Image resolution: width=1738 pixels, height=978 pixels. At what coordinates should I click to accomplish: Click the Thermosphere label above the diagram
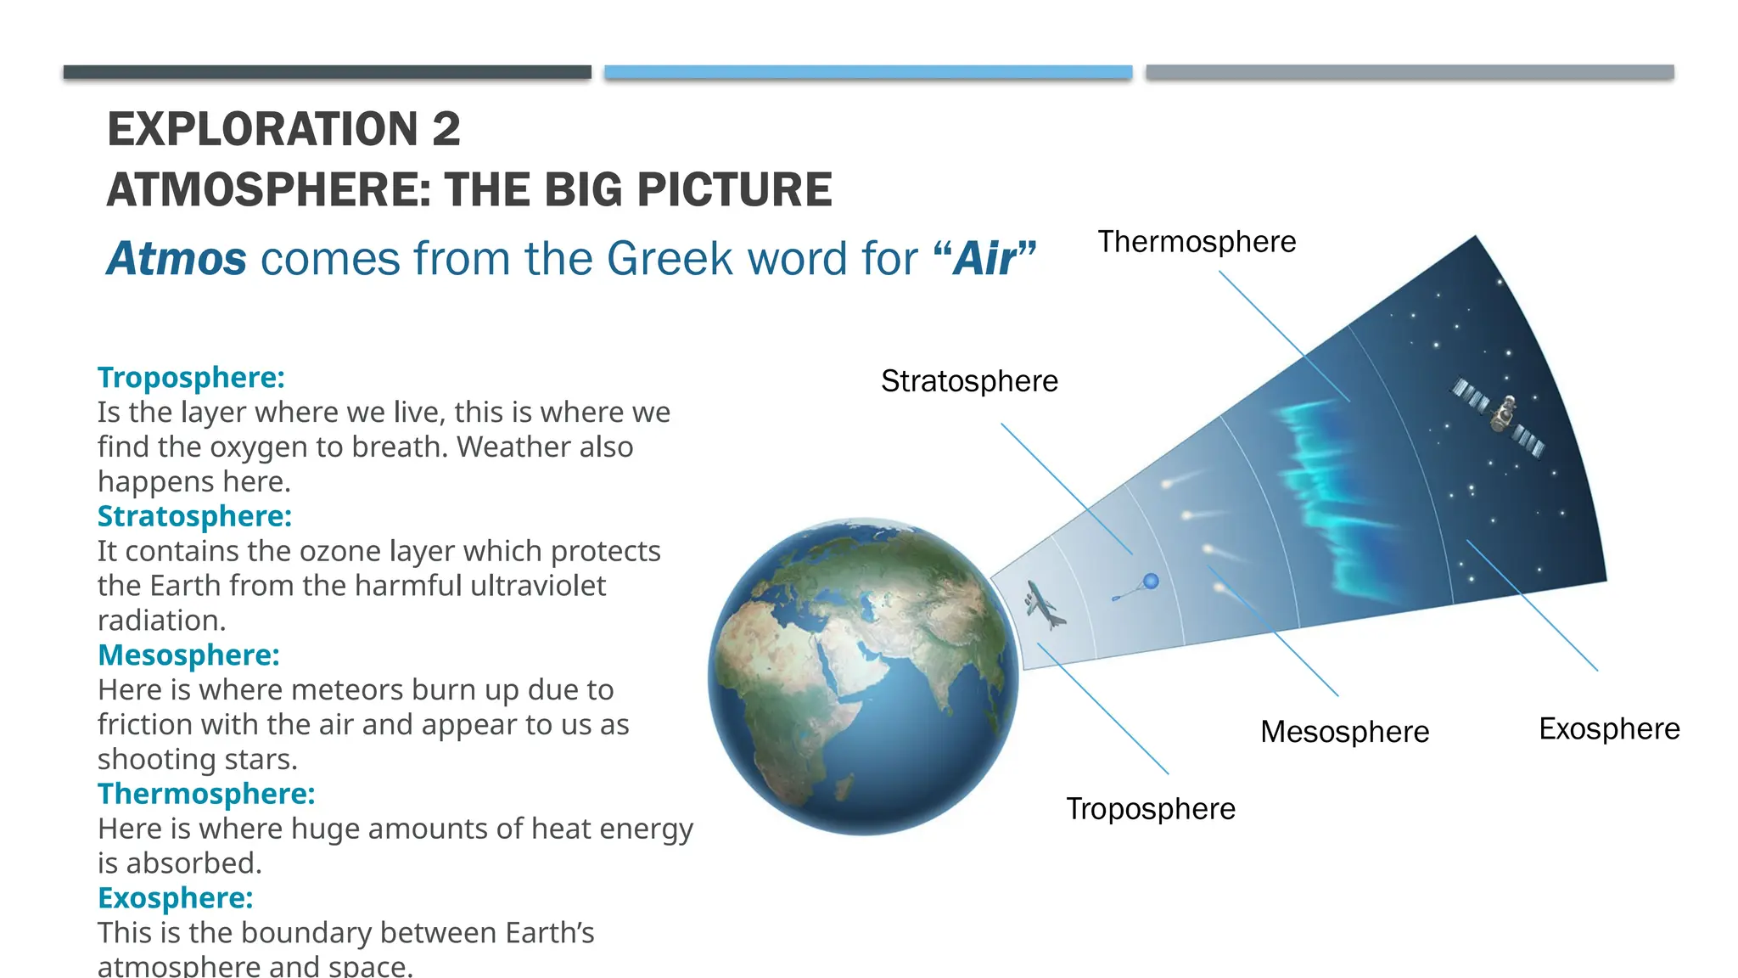1197,242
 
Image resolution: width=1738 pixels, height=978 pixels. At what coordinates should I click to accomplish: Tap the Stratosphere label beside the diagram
969,381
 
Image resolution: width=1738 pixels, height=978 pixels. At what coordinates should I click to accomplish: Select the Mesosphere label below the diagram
1344,732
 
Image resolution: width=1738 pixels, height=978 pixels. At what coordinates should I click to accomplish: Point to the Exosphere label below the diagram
1609,729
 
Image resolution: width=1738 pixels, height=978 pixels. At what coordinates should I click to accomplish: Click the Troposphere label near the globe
1150,809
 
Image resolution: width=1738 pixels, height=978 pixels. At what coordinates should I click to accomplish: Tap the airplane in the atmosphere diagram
1044,604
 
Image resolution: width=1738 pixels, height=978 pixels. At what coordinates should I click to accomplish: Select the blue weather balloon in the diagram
1150,582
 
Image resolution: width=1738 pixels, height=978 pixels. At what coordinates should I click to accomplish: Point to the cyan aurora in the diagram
1332,501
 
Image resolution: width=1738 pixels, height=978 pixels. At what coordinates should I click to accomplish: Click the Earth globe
863,677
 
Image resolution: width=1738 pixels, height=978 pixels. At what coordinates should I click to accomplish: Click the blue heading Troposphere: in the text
191,378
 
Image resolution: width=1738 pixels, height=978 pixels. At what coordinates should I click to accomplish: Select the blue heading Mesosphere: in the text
188,655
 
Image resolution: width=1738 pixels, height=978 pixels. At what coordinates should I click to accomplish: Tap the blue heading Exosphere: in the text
175,898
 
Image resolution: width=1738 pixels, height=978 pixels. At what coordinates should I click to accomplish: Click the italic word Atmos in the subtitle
177,259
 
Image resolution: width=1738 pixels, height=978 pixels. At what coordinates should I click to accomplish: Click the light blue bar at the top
868,72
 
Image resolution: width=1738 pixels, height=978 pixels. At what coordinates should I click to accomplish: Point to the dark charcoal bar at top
327,72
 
